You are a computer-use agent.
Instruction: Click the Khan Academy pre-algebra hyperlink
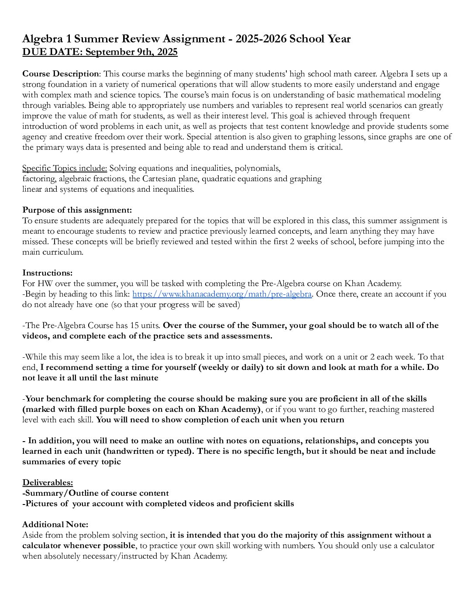[x=222, y=294]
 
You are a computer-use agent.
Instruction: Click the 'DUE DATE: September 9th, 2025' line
[x=100, y=52]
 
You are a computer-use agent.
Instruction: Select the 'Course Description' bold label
[x=61, y=73]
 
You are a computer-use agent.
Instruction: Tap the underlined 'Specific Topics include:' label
[x=65, y=168]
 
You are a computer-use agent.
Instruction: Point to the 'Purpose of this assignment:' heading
[x=77, y=210]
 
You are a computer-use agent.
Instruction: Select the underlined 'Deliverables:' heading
[x=48, y=483]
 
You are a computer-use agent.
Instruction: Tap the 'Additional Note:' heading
[x=55, y=525]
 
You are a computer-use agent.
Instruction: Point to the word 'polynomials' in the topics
[x=258, y=168]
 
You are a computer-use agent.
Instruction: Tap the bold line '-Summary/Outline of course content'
[x=96, y=493]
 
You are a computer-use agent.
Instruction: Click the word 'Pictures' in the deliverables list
[x=41, y=504]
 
